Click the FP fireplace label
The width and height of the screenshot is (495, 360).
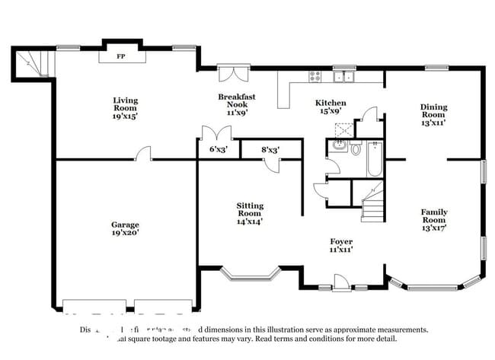[120, 56]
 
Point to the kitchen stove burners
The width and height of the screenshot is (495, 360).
[315, 75]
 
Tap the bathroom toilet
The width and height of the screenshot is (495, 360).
[356, 148]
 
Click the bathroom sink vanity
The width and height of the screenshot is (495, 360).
[337, 146]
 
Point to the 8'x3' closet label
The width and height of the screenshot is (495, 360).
[270, 150]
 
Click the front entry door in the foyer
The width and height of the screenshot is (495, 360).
[341, 283]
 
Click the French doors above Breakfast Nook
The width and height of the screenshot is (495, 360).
[229, 74]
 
